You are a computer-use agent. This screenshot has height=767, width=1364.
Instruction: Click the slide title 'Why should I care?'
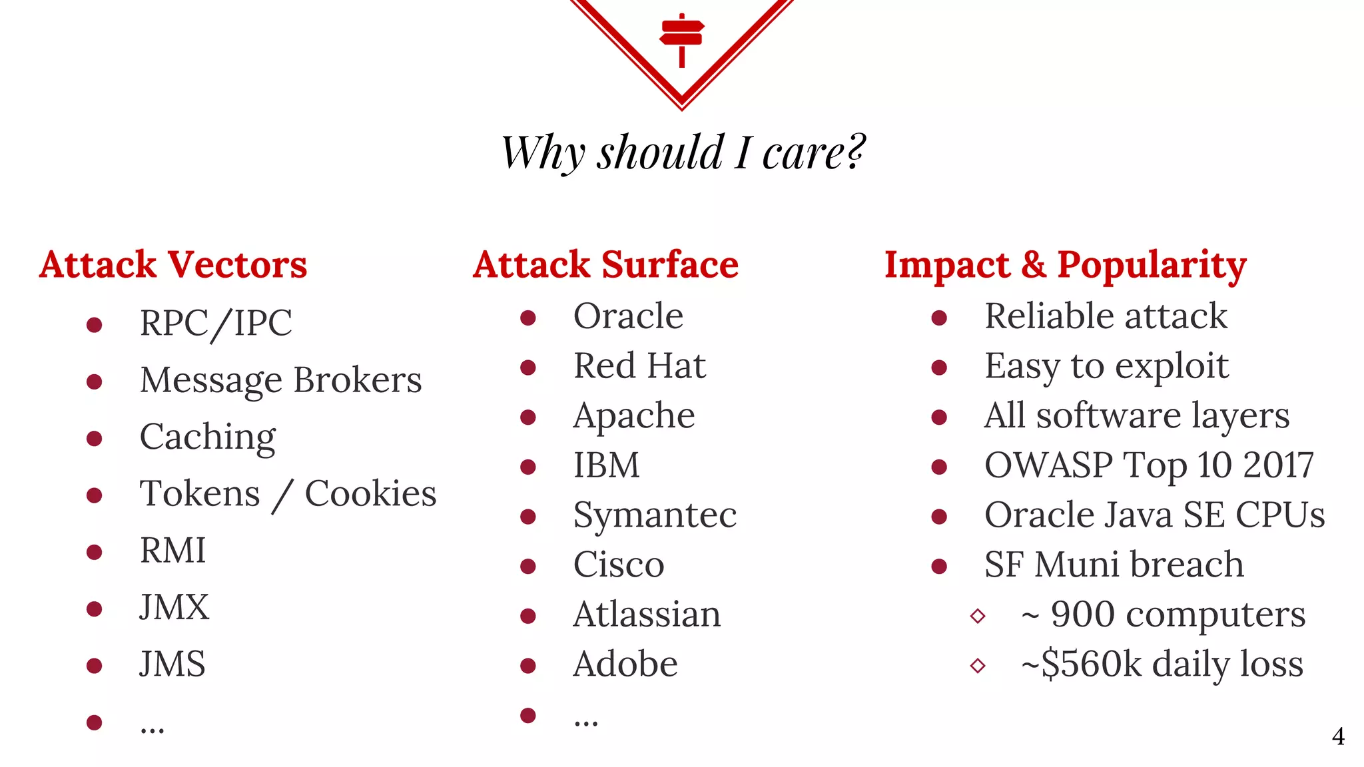pyautogui.click(x=682, y=152)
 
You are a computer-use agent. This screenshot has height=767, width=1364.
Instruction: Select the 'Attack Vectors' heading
pyautogui.click(x=173, y=264)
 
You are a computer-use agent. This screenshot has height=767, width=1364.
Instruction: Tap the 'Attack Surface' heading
pyautogui.click(x=605, y=264)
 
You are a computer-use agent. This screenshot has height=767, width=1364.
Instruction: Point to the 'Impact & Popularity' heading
pyautogui.click(x=1065, y=265)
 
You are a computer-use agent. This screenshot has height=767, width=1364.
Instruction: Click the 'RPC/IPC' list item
pyautogui.click(x=216, y=324)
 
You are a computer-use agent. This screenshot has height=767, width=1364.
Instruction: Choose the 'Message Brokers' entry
pyautogui.click(x=280, y=381)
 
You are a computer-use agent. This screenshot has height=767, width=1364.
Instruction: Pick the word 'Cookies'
pyautogui.click(x=370, y=494)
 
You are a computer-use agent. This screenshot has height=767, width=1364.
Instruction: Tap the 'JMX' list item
pyautogui.click(x=174, y=607)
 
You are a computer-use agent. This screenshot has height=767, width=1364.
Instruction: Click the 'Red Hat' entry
pyautogui.click(x=639, y=366)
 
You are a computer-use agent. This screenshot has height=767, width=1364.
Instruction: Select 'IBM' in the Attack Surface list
pyautogui.click(x=606, y=465)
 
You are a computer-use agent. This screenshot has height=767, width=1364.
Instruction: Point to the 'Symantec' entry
pyautogui.click(x=655, y=515)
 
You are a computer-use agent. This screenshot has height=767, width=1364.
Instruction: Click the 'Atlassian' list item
pyautogui.click(x=647, y=615)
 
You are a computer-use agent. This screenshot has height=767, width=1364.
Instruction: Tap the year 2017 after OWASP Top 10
pyautogui.click(x=1278, y=465)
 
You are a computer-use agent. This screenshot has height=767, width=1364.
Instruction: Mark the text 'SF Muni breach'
pyautogui.click(x=1114, y=565)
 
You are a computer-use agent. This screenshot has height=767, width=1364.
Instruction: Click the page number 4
pyautogui.click(x=1338, y=736)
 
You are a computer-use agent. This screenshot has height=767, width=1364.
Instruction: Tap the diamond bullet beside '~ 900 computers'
pyautogui.click(x=978, y=615)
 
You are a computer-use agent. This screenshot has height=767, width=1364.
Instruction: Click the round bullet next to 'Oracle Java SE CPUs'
pyautogui.click(x=939, y=516)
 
